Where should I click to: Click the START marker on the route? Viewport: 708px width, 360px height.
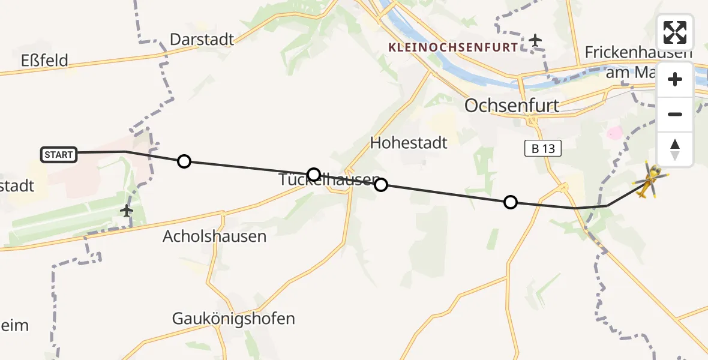coord(59,155)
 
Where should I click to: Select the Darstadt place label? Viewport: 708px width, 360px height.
coord(202,40)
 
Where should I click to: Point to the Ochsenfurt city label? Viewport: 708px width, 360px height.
coord(512,106)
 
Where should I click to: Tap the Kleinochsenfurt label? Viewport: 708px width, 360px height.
coord(452,47)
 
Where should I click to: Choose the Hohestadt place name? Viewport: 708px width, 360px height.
coord(409,143)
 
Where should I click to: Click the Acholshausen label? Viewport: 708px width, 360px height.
coord(214,236)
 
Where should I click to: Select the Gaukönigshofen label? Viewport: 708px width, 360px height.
coord(233,319)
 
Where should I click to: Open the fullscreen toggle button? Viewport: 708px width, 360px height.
coord(675,32)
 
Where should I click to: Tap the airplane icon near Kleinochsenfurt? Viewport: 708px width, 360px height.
coord(535,41)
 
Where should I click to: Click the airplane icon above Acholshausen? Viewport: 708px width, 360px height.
coord(126,211)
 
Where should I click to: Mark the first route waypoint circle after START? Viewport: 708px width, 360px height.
coord(184,161)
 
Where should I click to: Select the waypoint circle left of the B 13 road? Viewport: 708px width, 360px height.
coord(510,202)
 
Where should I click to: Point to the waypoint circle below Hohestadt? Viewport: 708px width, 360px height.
coord(381,185)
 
